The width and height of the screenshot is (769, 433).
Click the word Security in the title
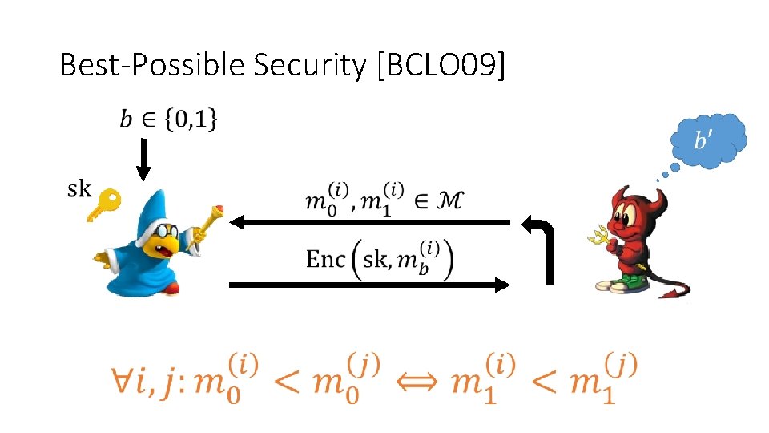pos(309,66)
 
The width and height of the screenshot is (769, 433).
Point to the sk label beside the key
pos(79,189)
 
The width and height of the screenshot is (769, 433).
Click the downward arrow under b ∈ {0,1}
pos(143,160)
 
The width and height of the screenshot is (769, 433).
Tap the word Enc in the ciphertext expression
pos(326,259)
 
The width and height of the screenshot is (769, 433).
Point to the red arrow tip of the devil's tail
pos(676,292)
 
